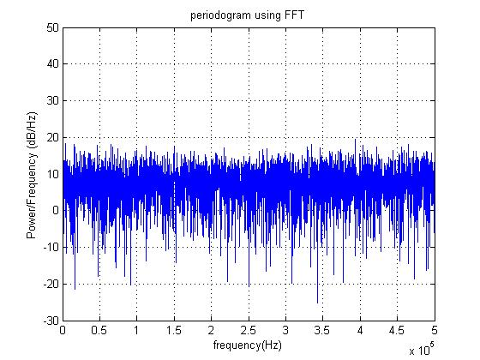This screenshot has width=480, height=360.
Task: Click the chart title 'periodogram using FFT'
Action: point(247,15)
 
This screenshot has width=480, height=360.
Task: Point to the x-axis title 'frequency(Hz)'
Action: point(248,345)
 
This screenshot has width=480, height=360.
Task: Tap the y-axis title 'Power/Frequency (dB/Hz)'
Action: point(32,176)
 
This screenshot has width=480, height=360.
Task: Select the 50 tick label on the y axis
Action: point(52,27)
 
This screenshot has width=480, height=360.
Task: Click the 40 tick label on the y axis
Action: point(52,64)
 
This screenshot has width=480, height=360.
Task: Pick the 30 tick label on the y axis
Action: point(52,101)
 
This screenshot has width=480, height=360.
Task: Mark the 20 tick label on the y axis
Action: point(52,137)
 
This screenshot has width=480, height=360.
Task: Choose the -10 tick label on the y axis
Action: point(51,247)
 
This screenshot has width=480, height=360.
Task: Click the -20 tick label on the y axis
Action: point(51,284)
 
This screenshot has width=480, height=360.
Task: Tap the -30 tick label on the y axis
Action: point(51,321)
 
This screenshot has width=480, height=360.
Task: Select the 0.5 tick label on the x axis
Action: point(99,331)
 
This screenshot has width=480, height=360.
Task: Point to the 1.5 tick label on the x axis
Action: point(174,331)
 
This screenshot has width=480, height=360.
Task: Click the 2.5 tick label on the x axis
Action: point(249,331)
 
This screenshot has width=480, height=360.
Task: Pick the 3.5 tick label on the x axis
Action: point(322,331)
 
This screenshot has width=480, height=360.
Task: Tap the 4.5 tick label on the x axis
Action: point(397,331)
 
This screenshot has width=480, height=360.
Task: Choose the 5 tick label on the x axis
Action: point(435,331)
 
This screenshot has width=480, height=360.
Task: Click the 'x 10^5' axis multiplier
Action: point(422,349)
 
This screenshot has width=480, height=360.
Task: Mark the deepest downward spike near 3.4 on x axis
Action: point(317,303)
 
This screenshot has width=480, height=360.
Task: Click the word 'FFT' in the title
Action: point(294,15)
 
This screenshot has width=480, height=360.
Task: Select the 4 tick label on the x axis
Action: point(360,331)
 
